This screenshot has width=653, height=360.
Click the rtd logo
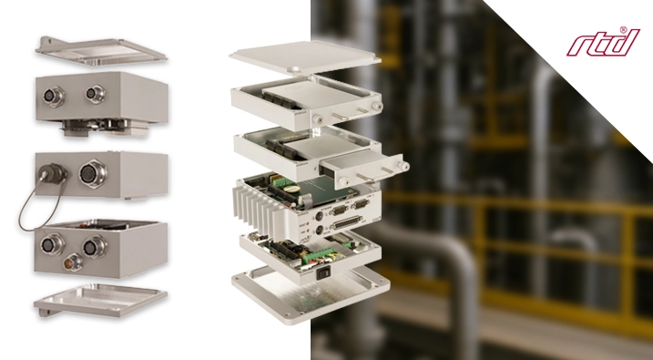(x=603, y=43)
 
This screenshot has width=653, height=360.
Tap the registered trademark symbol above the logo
(x=623, y=30)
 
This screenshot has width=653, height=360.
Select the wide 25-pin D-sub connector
(x=346, y=224)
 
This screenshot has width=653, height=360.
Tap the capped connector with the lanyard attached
(x=53, y=173)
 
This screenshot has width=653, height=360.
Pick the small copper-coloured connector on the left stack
(x=73, y=262)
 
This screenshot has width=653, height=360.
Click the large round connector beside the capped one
(x=93, y=173)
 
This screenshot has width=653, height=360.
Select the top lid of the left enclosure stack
(x=100, y=51)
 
